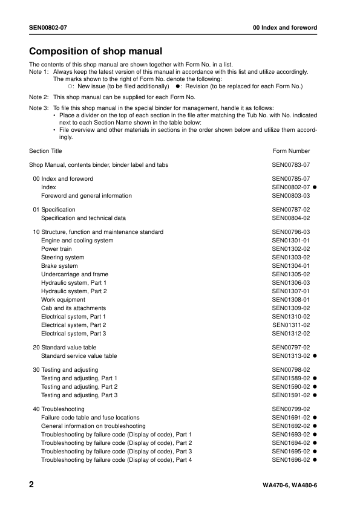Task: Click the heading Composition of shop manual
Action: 96,51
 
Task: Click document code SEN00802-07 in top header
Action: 51,28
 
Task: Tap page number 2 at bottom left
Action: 32,485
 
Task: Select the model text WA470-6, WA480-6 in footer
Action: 290,486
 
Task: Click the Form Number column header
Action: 291,151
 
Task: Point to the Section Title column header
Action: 45,151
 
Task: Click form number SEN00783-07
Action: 291,164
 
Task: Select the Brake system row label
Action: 59,266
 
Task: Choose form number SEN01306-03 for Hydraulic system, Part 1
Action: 291,283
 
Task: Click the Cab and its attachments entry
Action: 73,308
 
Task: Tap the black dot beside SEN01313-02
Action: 315,356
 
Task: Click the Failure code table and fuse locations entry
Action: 90,418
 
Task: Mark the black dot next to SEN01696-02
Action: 315,460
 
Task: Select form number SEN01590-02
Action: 291,387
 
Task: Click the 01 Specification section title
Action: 54,210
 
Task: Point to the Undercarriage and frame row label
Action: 74,274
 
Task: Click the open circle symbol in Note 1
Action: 71,86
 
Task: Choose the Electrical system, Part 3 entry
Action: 73,334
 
